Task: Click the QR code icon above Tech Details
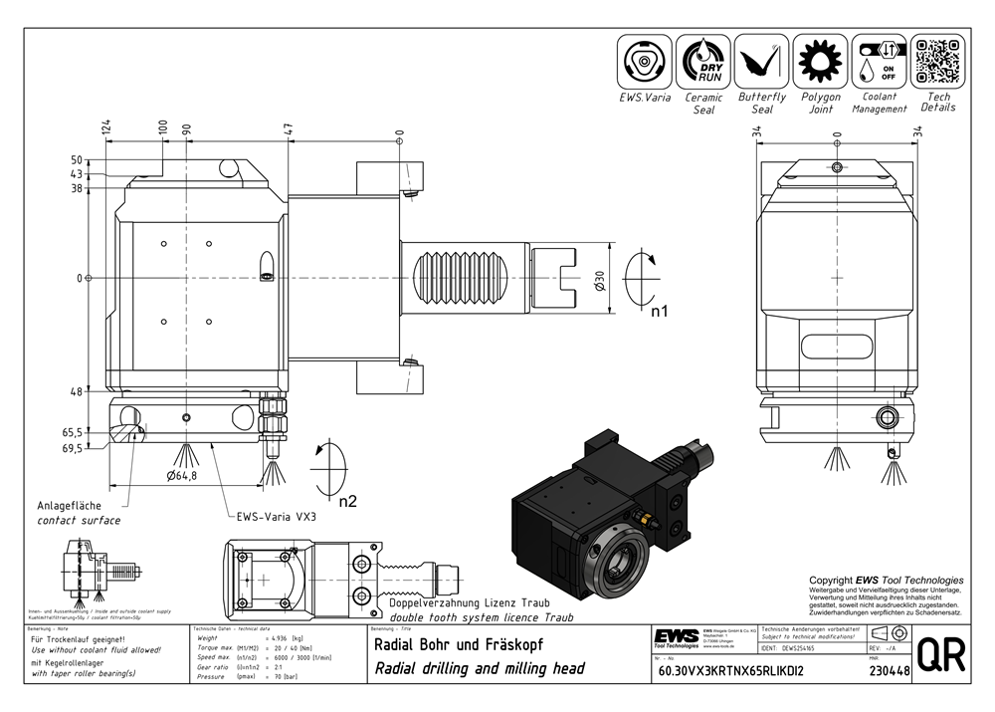pyautogui.click(x=937, y=62)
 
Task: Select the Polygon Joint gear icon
pyautogui.click(x=821, y=62)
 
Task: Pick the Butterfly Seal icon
pyautogui.click(x=762, y=62)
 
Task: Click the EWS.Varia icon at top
pyautogui.click(x=644, y=62)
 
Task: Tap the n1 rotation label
pyautogui.click(x=658, y=312)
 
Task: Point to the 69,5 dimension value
pyautogui.click(x=72, y=449)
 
